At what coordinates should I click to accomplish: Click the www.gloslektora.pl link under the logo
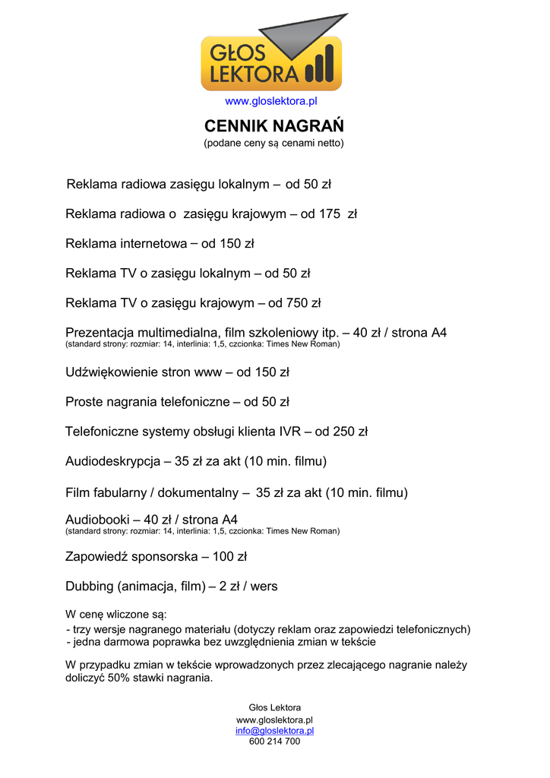[x=270, y=101]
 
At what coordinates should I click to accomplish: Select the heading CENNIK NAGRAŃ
[x=273, y=126]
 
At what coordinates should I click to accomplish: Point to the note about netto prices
[x=273, y=143]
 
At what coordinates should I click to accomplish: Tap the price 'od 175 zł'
[x=328, y=214]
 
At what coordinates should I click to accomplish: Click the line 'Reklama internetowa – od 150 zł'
[x=160, y=244]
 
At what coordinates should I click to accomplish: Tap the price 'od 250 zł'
[x=341, y=432]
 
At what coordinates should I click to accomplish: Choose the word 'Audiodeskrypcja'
[x=112, y=461]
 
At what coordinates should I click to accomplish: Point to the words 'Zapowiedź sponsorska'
[x=131, y=557]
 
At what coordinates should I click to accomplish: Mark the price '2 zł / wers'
[x=248, y=587]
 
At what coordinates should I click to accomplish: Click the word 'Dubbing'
[x=90, y=587]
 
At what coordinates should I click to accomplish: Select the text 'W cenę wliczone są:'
[x=116, y=614]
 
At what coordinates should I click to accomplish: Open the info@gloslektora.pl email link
[x=274, y=731]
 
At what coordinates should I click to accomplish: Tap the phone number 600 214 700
[x=274, y=742]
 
